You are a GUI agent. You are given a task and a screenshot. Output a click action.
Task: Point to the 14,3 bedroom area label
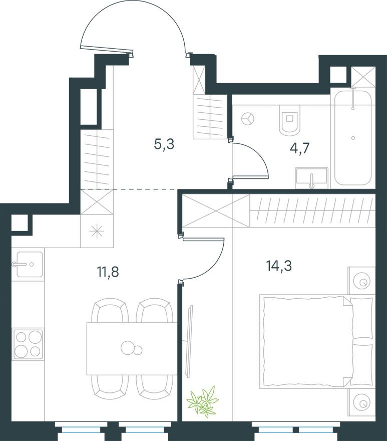[279, 265]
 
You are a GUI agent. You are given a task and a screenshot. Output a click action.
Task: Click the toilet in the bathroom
[290, 121]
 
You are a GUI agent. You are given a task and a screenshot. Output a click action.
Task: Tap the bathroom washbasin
[311, 177]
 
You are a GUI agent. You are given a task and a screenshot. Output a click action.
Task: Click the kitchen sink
[28, 264]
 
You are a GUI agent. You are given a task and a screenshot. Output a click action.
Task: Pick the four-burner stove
[28, 344]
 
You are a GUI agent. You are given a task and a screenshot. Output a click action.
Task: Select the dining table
[132, 348]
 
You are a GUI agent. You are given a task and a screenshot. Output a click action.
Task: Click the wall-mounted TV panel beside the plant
[189, 341]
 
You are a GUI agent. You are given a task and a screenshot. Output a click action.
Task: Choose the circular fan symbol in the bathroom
[248, 119]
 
